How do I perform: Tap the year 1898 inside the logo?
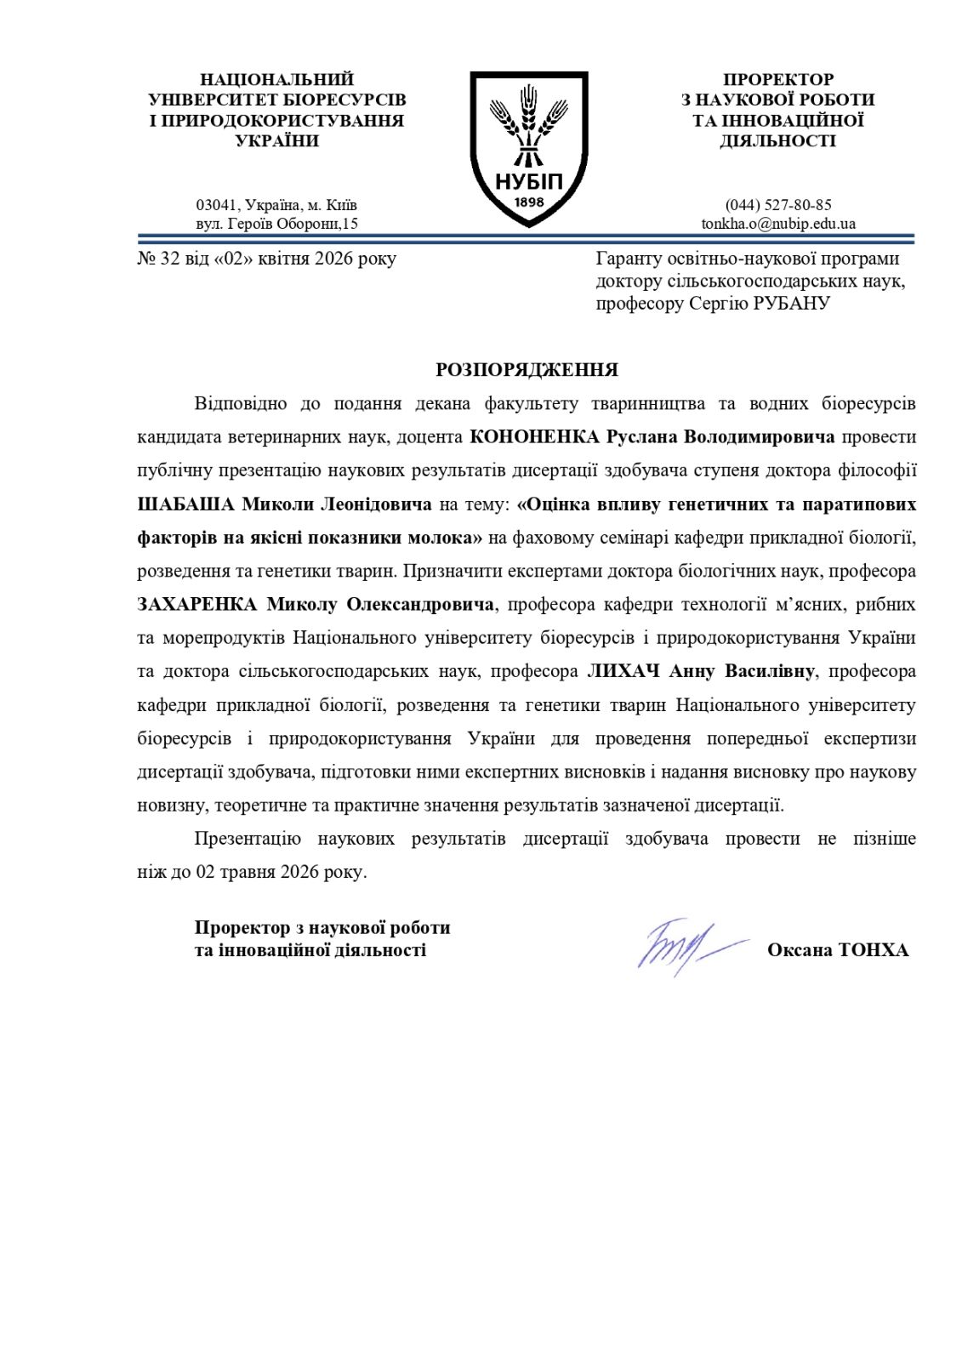pyautogui.click(x=529, y=202)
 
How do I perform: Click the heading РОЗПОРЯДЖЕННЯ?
pyautogui.click(x=527, y=370)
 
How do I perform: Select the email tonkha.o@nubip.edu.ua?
pyautogui.click(x=778, y=225)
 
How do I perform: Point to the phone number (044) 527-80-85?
pyautogui.click(x=778, y=205)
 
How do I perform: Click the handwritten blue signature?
pyautogui.click(x=684, y=946)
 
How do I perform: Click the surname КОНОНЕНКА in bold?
pyautogui.click(x=533, y=437)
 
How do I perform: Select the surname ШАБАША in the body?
pyautogui.click(x=185, y=504)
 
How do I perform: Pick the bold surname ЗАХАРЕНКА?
pyautogui.click(x=196, y=605)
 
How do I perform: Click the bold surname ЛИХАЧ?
pyautogui.click(x=623, y=671)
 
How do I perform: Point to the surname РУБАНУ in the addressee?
pyautogui.click(x=792, y=304)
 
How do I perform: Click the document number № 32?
pyautogui.click(x=158, y=259)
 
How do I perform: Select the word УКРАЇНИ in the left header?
pyautogui.click(x=276, y=141)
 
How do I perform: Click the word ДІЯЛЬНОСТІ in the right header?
pyautogui.click(x=777, y=141)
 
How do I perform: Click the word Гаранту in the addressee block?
pyautogui.click(x=631, y=259)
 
